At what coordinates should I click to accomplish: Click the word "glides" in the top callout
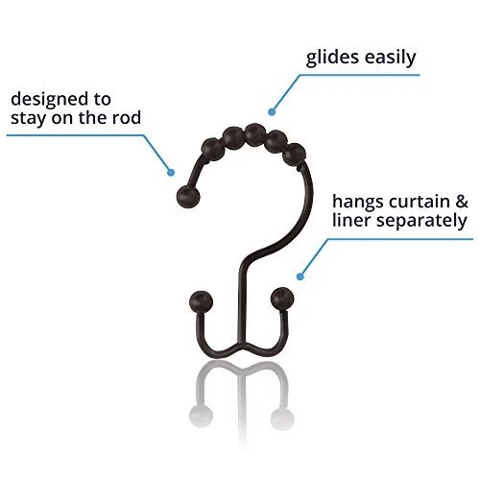332,58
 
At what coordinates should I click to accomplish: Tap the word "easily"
390,58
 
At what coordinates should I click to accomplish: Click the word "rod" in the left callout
127,117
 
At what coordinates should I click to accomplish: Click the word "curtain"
420,202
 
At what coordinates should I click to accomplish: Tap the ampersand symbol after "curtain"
462,202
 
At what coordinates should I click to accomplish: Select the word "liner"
350,220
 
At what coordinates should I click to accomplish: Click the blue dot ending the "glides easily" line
272,112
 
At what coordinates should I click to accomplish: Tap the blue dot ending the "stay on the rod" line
171,173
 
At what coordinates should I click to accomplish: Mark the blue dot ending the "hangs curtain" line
300,276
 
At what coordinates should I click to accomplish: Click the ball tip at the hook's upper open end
188,197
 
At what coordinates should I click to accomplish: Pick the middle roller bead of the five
255,134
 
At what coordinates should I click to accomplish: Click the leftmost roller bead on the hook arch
212,149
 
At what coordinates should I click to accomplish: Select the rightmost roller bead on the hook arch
295,154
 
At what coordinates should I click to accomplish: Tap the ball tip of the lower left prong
201,301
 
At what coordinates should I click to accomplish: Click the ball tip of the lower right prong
282,299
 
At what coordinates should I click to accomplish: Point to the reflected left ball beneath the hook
201,416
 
